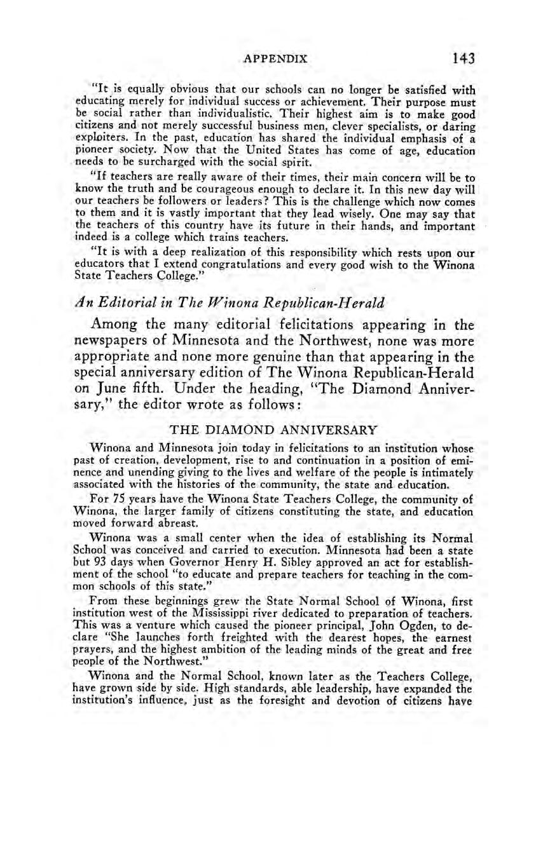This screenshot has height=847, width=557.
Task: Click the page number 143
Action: pyautogui.click(x=464, y=59)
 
